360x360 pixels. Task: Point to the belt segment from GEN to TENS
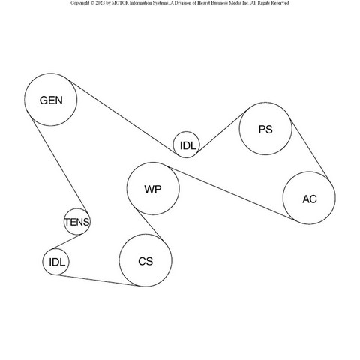59,166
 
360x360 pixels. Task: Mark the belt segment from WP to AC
232,193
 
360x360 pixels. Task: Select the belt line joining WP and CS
149,224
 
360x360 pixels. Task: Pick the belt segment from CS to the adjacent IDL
97,280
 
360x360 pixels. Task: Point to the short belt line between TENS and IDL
67,241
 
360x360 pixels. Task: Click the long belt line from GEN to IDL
123,117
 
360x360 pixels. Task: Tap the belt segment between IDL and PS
221,133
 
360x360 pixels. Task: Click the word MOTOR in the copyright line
120,3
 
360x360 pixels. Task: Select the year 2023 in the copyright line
100,3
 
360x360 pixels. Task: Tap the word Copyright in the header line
80,3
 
